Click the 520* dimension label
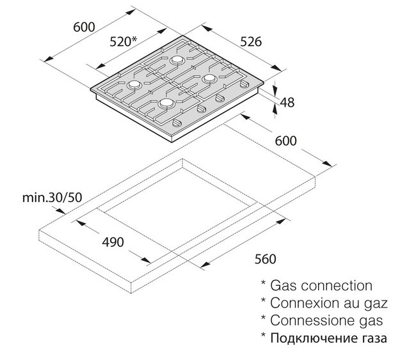(124, 42)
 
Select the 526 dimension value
(251, 42)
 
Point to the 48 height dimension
(287, 102)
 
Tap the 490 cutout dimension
(113, 242)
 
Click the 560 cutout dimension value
(266, 259)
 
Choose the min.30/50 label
(52, 198)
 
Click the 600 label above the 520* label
(84, 27)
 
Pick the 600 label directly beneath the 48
(286, 141)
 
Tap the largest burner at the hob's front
(167, 103)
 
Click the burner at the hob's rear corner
(177, 60)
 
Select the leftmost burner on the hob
(134, 84)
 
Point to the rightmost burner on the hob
(209, 79)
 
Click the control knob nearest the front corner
(177, 123)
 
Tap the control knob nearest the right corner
(245, 84)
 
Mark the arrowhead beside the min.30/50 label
(61, 211)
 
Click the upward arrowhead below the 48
(275, 108)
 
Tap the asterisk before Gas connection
(264, 283)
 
